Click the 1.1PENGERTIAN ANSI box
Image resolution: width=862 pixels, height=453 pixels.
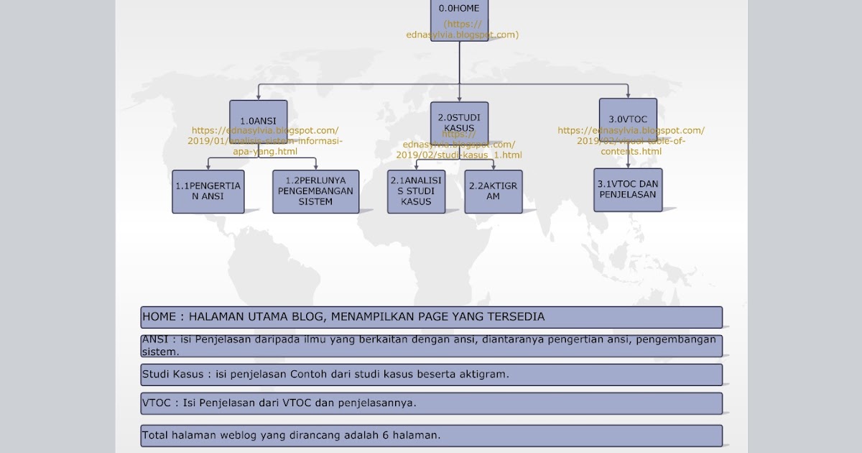(x=208, y=191)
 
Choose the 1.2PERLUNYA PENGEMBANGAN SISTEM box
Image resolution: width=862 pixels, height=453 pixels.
(x=315, y=191)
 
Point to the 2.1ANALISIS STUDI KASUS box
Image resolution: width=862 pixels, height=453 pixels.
(x=416, y=191)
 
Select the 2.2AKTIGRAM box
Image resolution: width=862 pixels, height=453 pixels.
(x=493, y=191)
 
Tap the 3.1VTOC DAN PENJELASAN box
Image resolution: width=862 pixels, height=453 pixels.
(x=628, y=190)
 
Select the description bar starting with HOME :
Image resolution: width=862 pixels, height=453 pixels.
(x=431, y=317)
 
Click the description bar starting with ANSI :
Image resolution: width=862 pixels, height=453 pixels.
(x=431, y=346)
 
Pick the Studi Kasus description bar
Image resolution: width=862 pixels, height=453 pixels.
(x=431, y=375)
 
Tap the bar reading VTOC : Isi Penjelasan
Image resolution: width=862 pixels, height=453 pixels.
(x=431, y=403)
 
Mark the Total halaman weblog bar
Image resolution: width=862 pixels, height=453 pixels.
(x=431, y=436)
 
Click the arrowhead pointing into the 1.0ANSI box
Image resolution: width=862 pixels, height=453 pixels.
(x=258, y=96)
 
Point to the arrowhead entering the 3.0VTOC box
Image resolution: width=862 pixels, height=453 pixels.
(x=628, y=95)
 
